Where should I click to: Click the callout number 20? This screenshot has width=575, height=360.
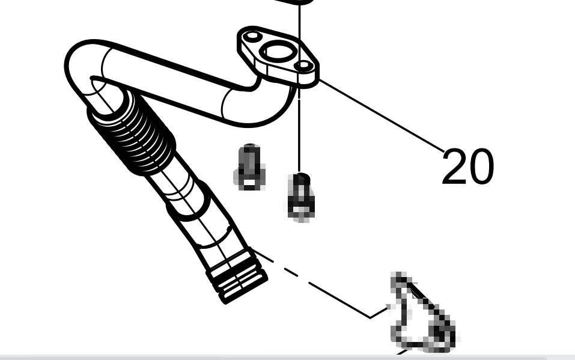pyautogui.click(x=468, y=166)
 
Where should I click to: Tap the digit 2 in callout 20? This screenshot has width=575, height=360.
pyautogui.click(x=454, y=166)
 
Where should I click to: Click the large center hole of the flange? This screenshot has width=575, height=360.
pyautogui.click(x=279, y=52)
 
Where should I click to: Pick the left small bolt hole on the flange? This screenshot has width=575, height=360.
pyautogui.click(x=253, y=37)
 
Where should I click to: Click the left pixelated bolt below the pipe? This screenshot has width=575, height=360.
pyautogui.click(x=250, y=167)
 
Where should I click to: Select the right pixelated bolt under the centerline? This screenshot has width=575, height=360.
pyautogui.click(x=301, y=198)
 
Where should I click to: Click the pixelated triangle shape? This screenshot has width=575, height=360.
pyautogui.click(x=422, y=315)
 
